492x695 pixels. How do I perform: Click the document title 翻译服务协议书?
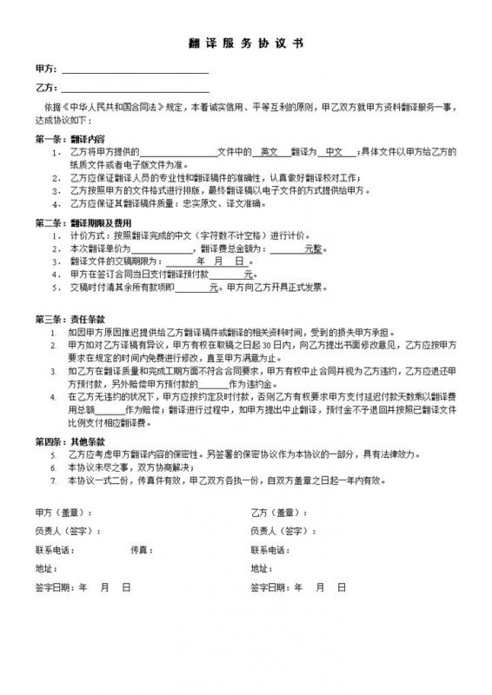246,42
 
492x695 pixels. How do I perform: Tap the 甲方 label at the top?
43,68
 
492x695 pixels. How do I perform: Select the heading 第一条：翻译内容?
70,138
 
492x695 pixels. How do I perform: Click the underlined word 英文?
269,151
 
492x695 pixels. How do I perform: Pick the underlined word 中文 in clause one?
331,151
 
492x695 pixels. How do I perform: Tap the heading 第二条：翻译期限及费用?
83,223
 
